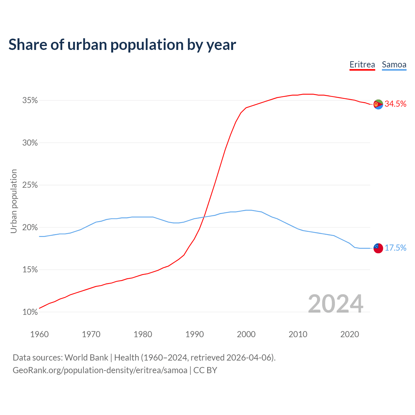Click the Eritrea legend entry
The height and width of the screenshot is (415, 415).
point(362,65)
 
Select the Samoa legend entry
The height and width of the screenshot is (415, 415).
point(394,65)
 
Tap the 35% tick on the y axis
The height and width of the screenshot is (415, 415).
point(30,101)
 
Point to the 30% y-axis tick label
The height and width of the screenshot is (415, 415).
point(30,143)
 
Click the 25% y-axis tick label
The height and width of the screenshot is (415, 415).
point(30,185)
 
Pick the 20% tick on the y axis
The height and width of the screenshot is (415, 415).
point(30,227)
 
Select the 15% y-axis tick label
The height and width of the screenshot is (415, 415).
point(30,270)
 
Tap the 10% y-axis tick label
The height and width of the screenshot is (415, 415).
point(30,312)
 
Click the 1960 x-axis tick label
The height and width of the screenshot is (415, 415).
point(39,334)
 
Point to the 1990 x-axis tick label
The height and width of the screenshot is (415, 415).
point(195,334)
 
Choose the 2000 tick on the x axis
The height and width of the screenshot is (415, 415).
point(246,334)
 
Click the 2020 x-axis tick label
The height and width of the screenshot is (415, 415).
point(350,334)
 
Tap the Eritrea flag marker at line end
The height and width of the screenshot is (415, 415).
point(378,104)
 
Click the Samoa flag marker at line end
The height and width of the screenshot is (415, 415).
point(378,248)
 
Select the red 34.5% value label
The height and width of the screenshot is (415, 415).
point(396,104)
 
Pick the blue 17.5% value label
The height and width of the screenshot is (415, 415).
point(396,248)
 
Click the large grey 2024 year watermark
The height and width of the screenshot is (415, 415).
point(336,304)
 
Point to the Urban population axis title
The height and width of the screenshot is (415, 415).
point(14,201)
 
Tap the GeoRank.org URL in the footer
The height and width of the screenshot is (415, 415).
point(100,370)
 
